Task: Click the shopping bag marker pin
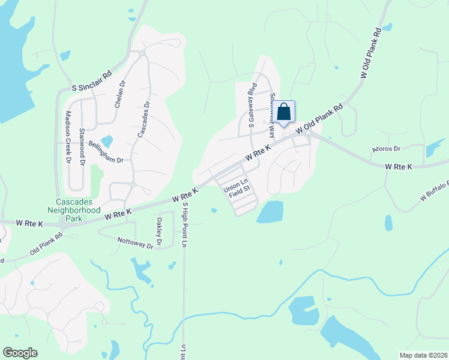[286, 112]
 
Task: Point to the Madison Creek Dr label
[68, 137]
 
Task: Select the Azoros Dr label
[386, 148]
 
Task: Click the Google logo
[20, 353]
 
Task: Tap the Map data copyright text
[423, 355]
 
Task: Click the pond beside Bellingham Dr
[107, 142]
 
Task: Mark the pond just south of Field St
[270, 212]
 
